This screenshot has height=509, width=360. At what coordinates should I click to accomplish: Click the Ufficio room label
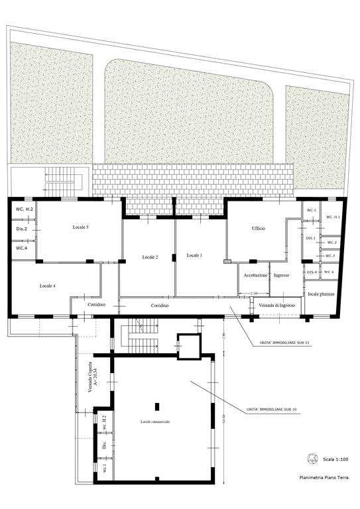[x=259, y=228]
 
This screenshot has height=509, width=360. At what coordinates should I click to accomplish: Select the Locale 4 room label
[x=48, y=286]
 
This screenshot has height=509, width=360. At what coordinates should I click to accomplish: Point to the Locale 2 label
[x=150, y=257]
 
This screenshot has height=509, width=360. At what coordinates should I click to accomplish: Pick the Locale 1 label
[x=194, y=255]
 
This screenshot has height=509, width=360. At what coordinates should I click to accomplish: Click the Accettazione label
[x=255, y=274]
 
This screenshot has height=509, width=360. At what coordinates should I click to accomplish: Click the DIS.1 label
[x=310, y=238]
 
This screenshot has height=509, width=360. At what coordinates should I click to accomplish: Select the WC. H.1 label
[x=332, y=217]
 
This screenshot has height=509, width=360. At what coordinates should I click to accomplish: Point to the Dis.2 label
[x=21, y=229]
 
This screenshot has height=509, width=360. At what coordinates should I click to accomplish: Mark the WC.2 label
[x=331, y=243]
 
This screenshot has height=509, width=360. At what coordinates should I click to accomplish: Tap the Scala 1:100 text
[x=333, y=458]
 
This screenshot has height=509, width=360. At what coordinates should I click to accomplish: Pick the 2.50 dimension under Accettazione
[x=254, y=293]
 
